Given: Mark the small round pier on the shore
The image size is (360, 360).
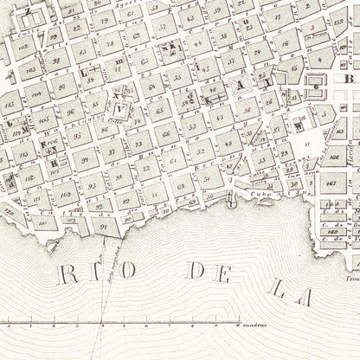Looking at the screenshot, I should (x=230, y=202).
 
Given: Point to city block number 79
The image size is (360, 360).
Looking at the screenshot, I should (x=104, y=19).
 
